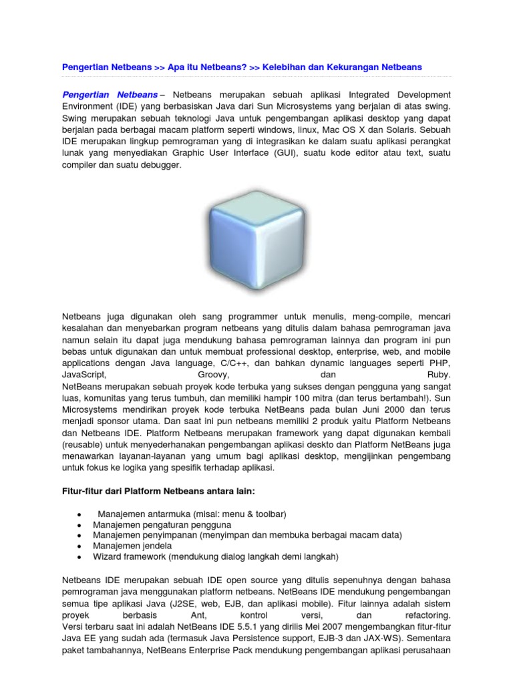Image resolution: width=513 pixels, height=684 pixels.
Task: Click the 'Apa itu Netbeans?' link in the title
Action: pyautogui.click(x=207, y=67)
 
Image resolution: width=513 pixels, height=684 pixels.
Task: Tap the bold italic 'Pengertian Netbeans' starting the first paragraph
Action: pyautogui.click(x=110, y=94)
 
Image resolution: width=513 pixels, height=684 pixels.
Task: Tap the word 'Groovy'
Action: pyautogui.click(x=215, y=375)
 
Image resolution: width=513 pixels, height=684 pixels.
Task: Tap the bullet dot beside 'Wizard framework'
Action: pyautogui.click(x=79, y=556)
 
